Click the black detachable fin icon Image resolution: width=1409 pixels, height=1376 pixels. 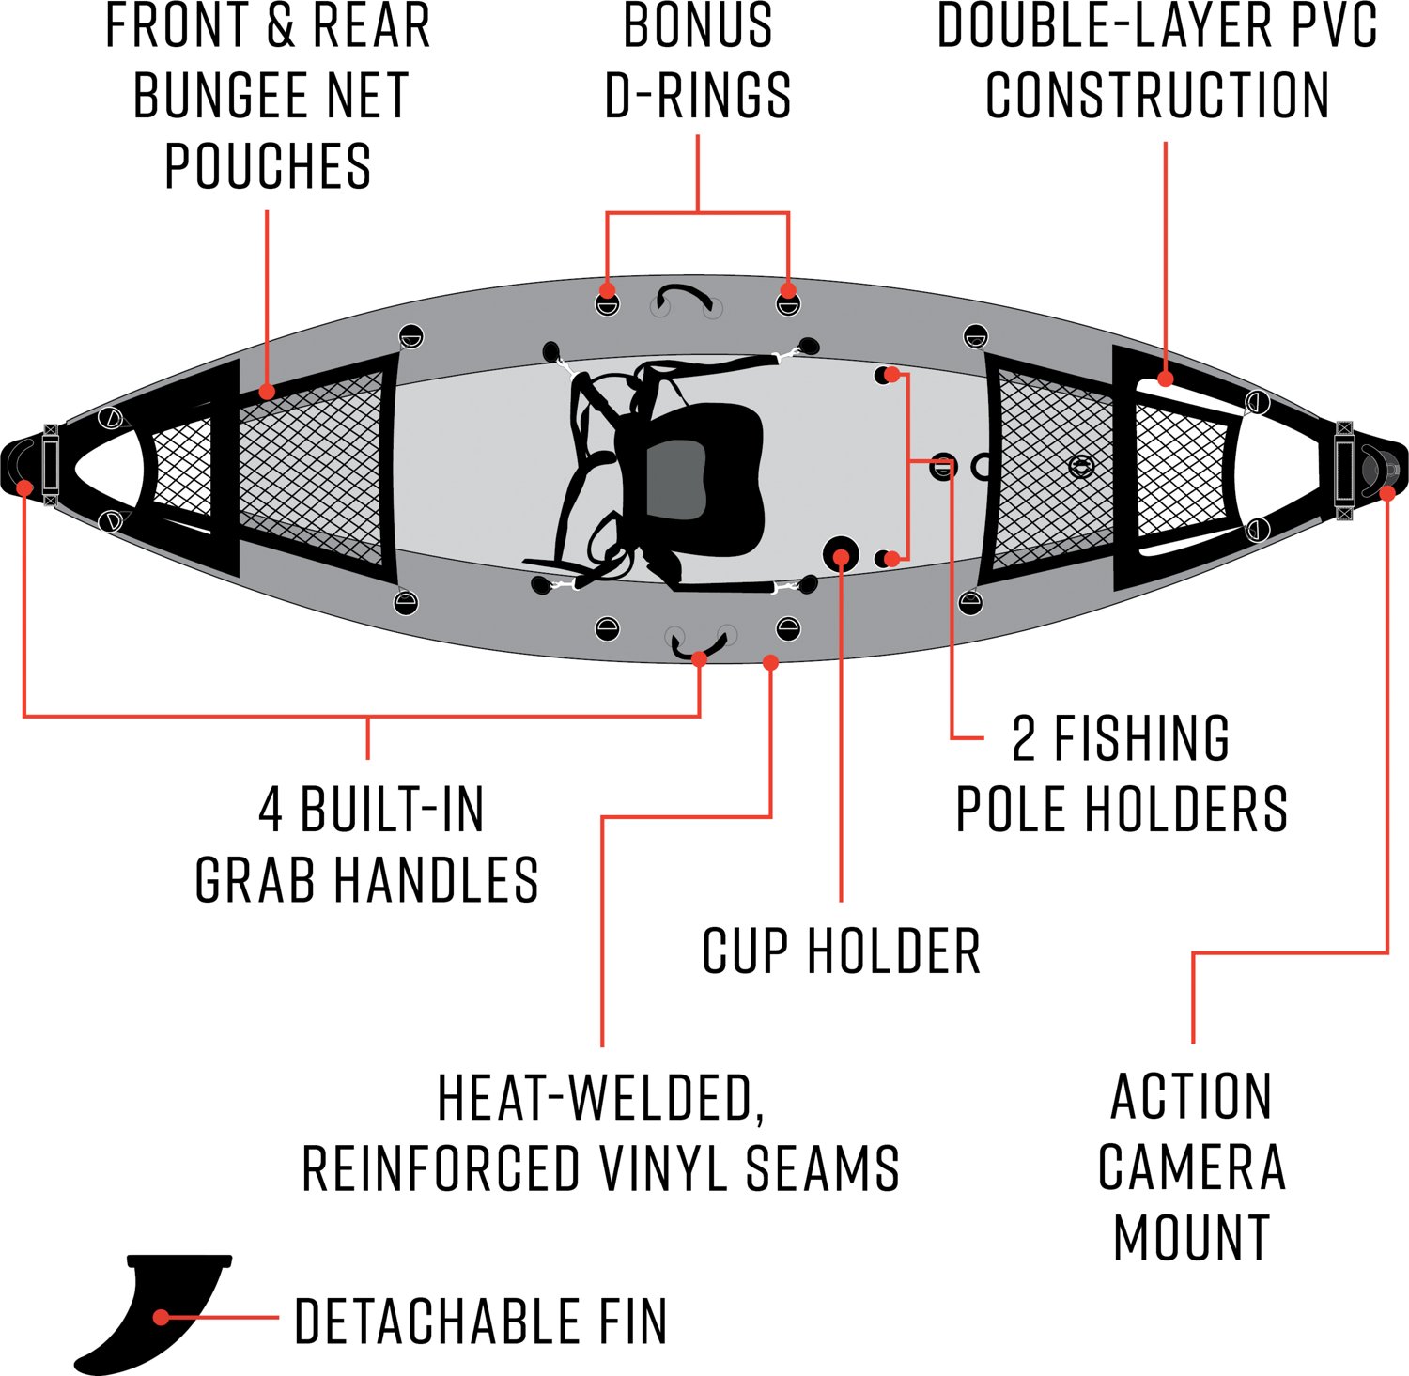click(x=141, y=1310)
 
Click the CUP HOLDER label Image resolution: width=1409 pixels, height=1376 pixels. click(x=841, y=951)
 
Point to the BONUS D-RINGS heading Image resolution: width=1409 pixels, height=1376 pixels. click(x=697, y=61)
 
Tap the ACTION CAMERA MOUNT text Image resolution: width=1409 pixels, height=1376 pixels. click(x=1191, y=1167)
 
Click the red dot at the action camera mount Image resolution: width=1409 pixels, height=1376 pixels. click(x=1387, y=491)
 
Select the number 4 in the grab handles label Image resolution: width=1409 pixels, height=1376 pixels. click(x=271, y=810)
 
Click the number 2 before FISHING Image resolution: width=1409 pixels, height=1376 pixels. click(x=1024, y=739)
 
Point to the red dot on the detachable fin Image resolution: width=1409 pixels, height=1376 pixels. click(x=161, y=1317)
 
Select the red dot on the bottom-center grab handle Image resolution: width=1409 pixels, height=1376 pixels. click(x=699, y=659)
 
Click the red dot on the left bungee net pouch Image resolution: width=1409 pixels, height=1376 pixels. click(x=267, y=391)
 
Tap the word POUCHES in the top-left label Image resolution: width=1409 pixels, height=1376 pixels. click(x=268, y=166)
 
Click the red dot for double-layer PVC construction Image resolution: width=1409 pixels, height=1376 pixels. click(x=1166, y=379)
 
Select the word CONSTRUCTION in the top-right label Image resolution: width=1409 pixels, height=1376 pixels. click(x=1157, y=96)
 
